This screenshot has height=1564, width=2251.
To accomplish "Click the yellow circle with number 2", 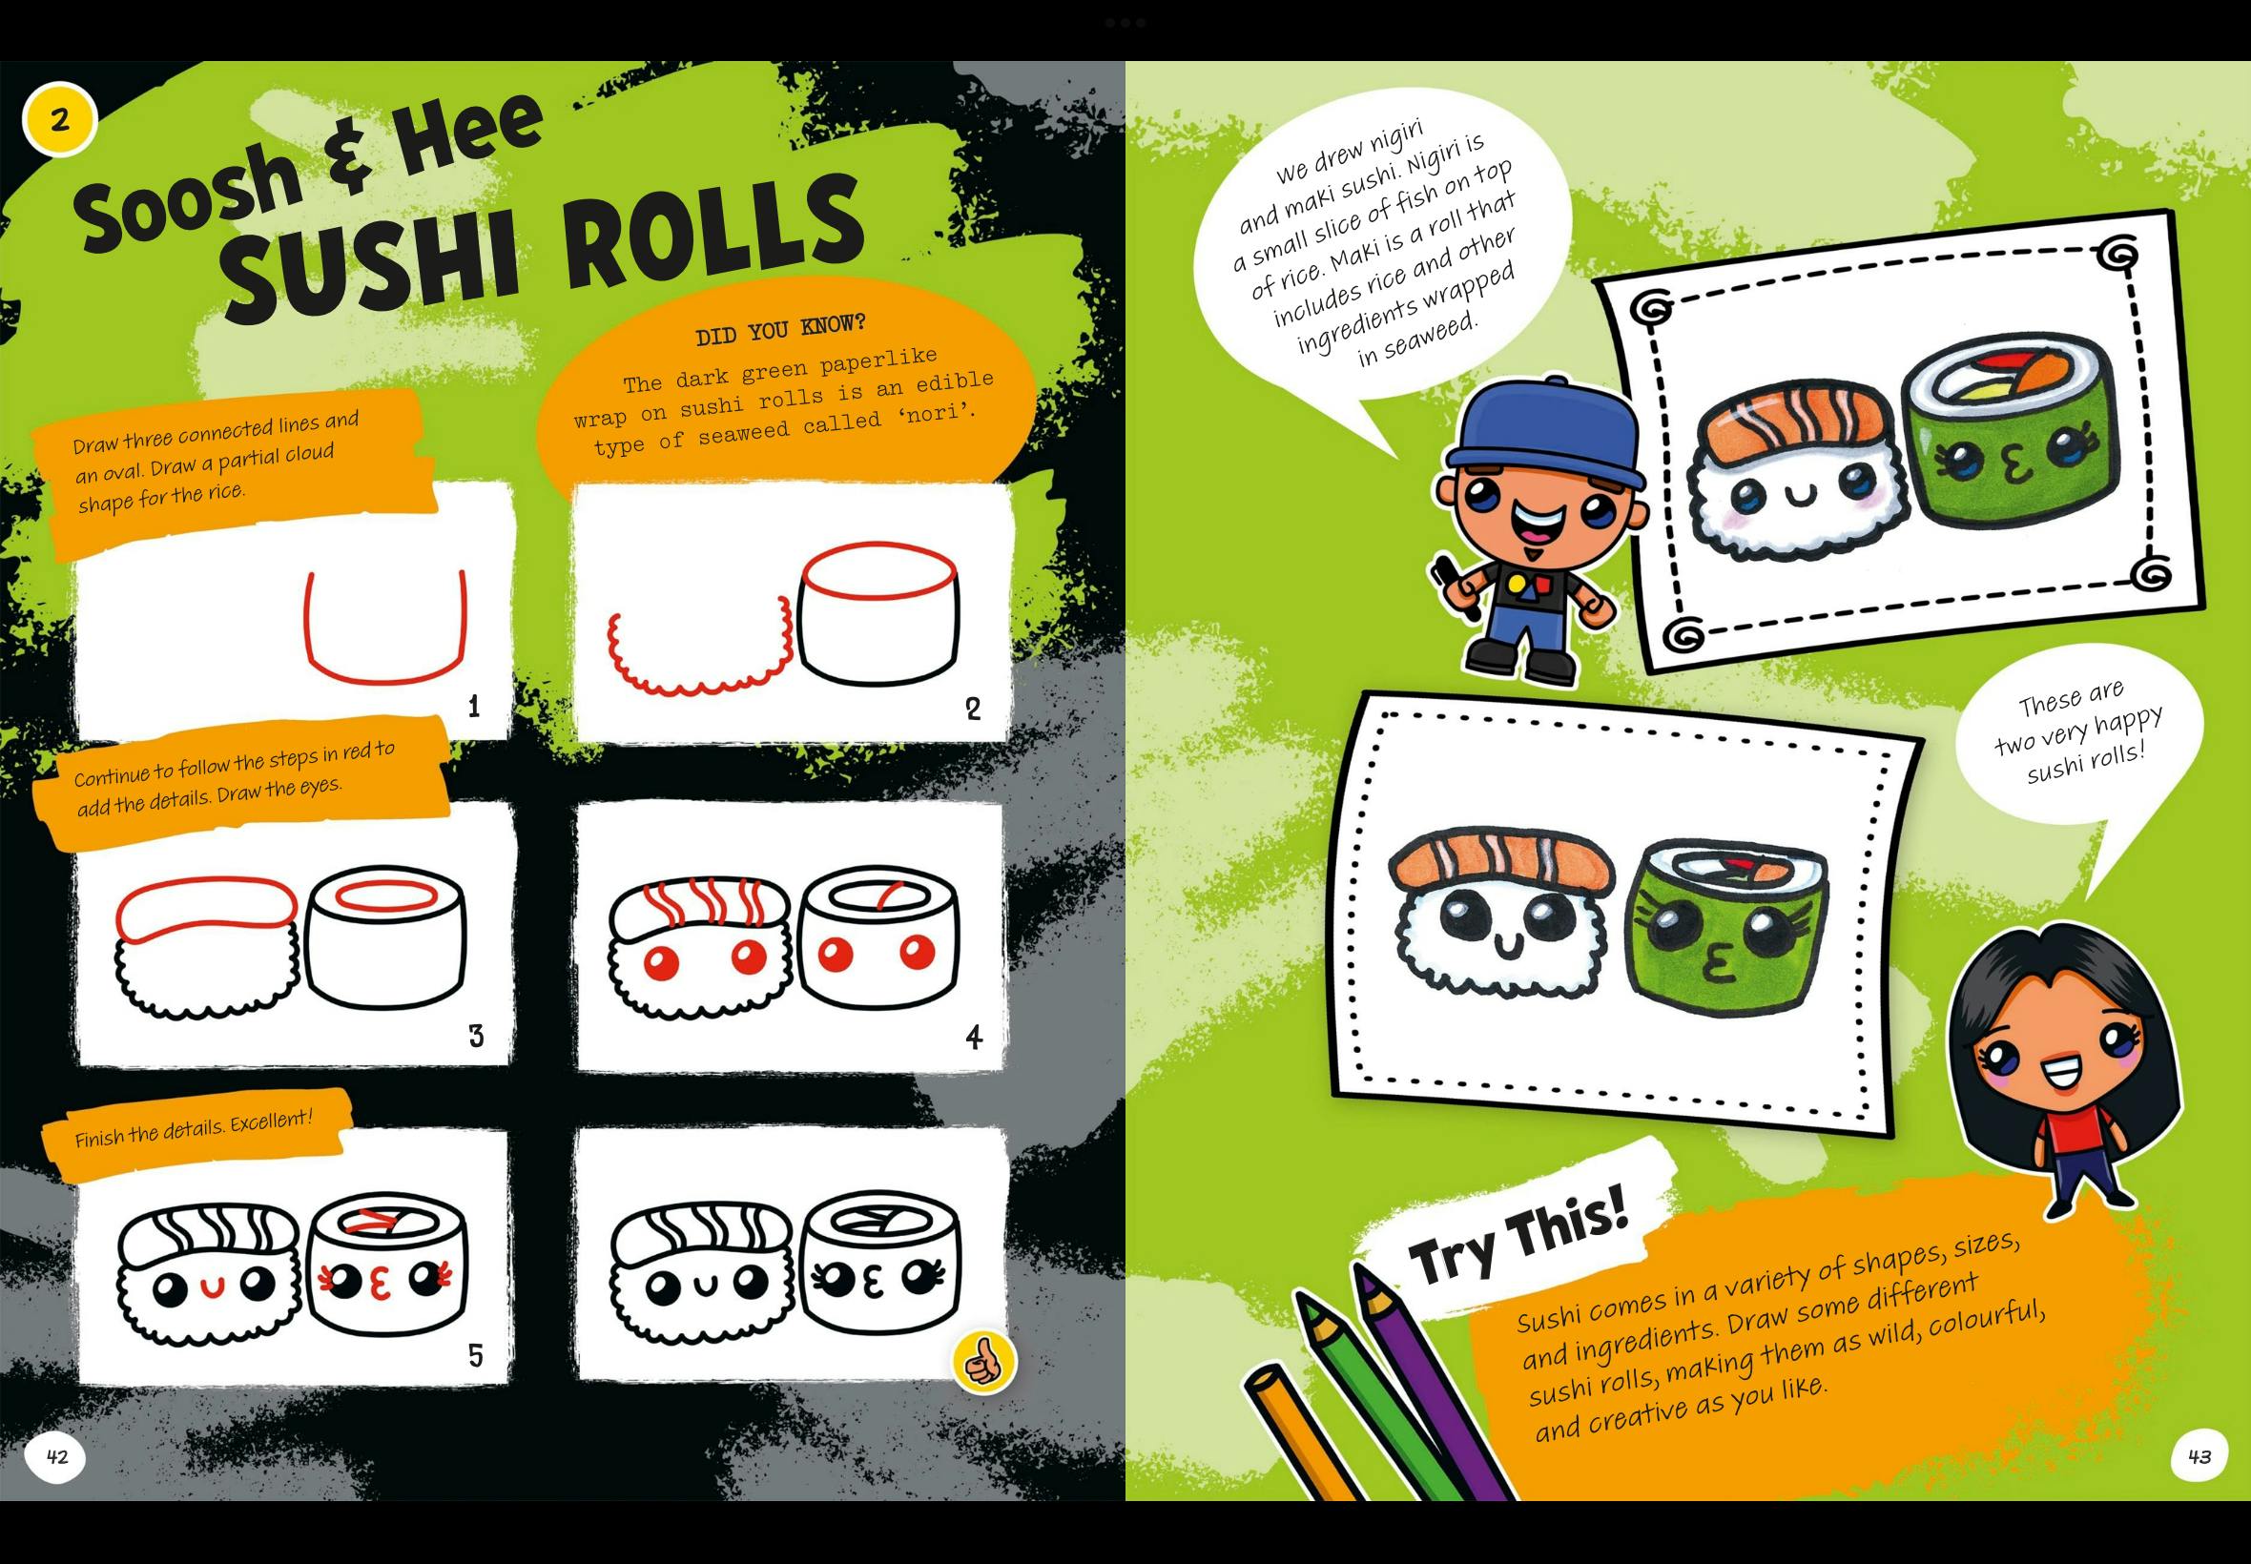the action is click(60, 120).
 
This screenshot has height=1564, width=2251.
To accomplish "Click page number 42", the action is click(57, 1456).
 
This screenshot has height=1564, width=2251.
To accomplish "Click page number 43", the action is click(2199, 1456).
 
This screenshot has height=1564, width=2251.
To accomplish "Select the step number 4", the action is click(973, 1037).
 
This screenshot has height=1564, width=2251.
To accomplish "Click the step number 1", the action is click(474, 706).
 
